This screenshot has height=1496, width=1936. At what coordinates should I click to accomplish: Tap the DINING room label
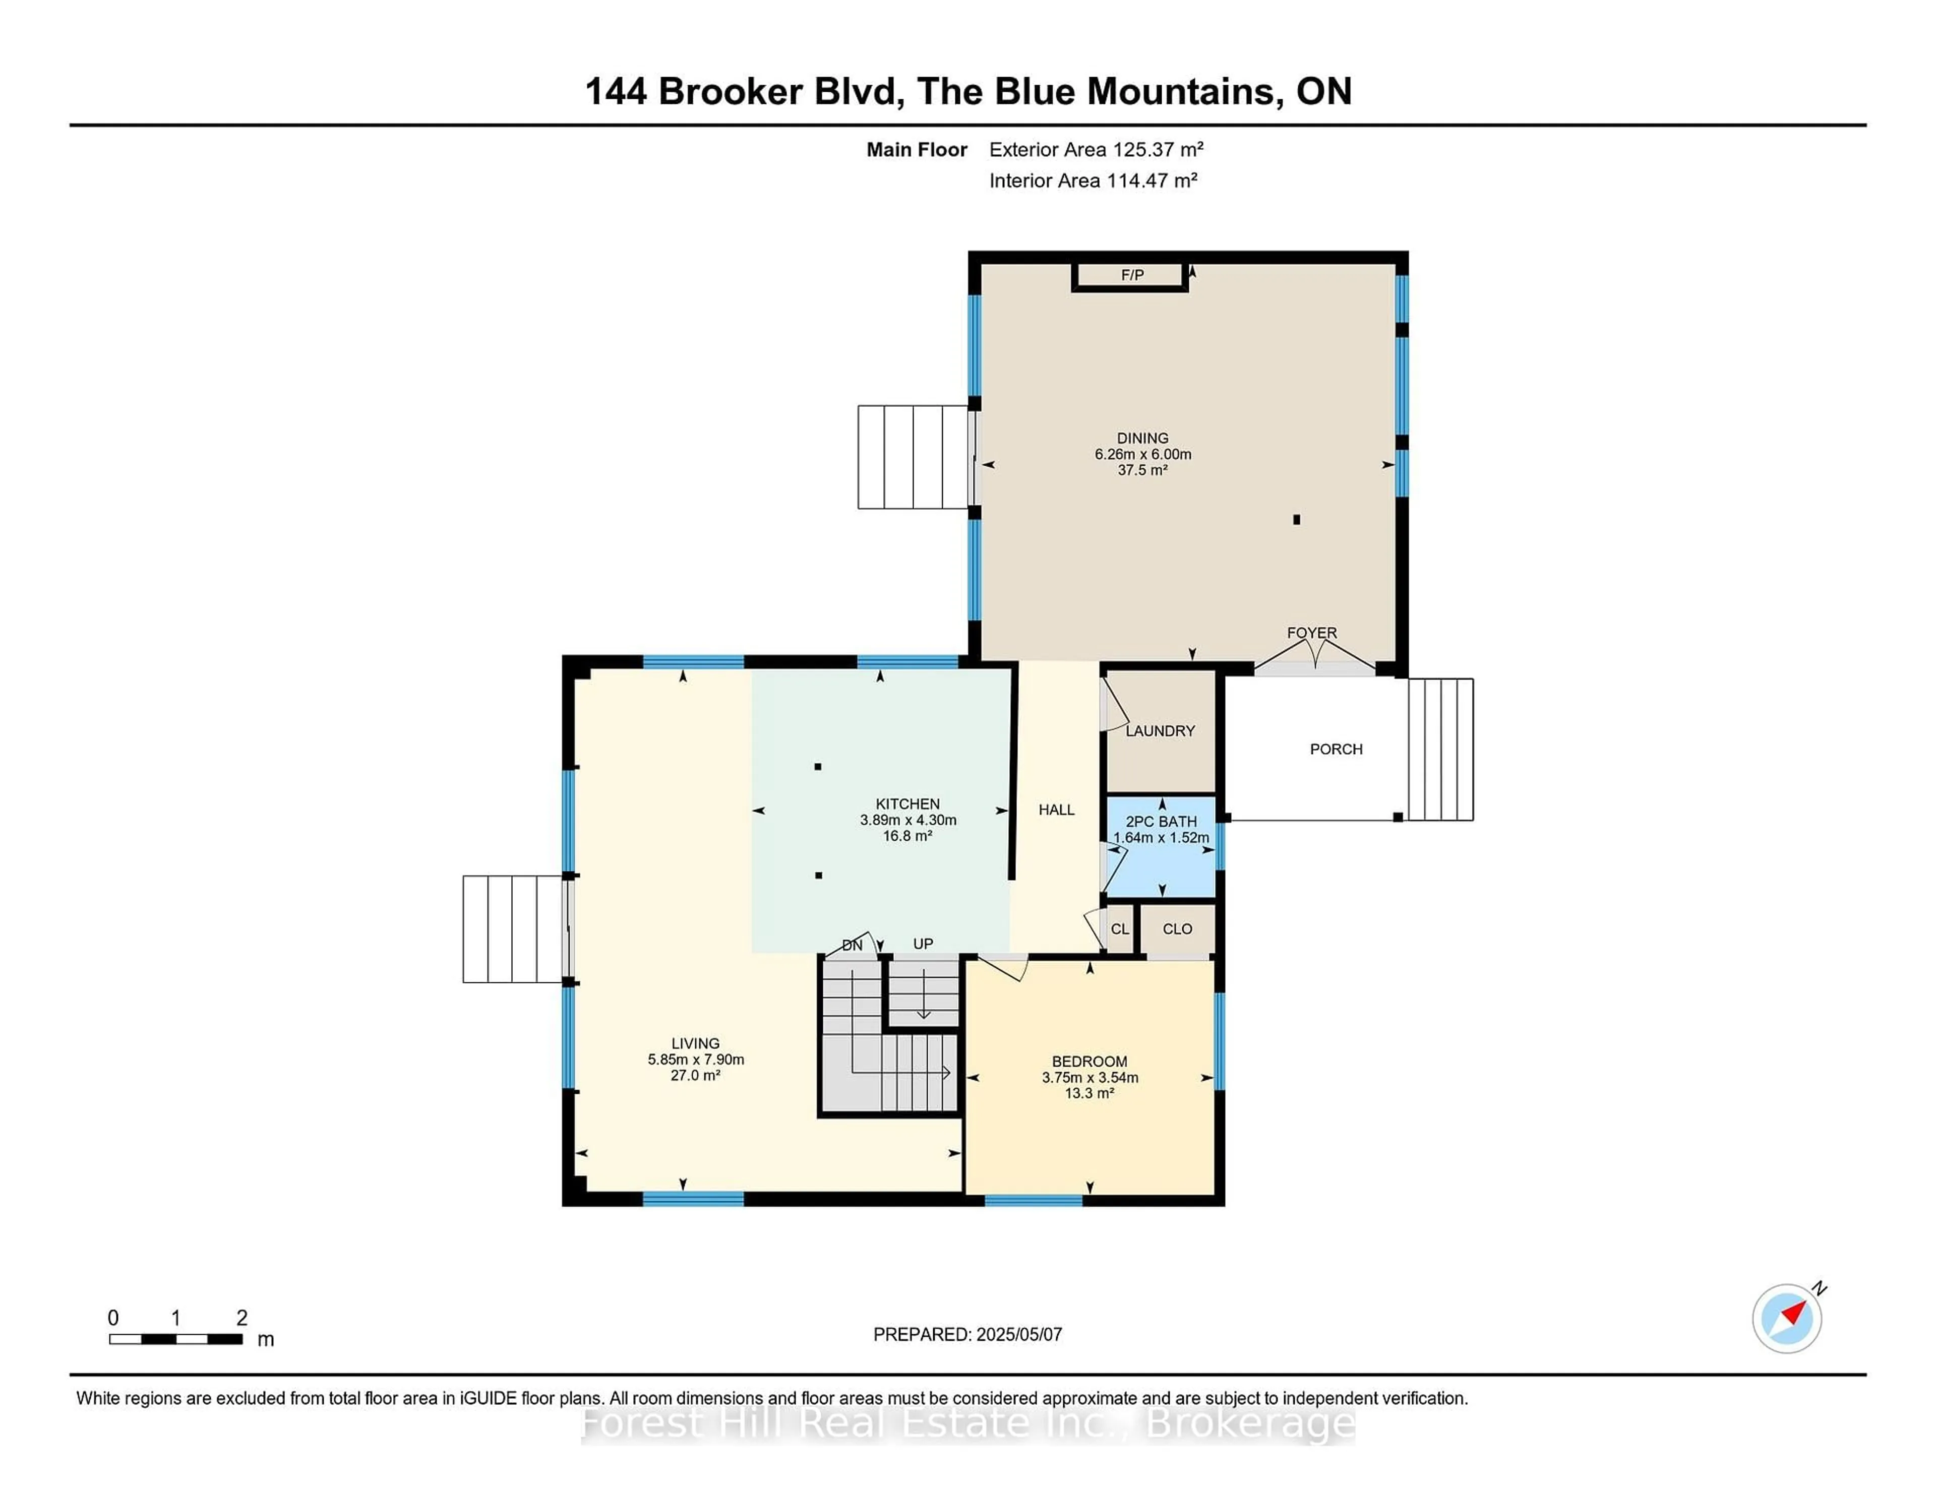(1142, 439)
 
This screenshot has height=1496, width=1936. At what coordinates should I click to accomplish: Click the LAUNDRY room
(1160, 731)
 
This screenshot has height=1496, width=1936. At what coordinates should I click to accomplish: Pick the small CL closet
(1120, 929)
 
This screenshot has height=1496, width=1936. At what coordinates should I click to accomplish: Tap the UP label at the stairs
(923, 944)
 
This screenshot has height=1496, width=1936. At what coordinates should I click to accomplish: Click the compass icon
(1786, 1318)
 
